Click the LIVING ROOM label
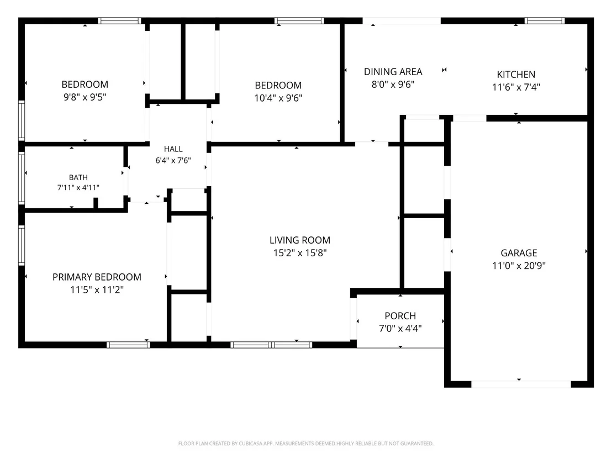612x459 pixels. pyautogui.click(x=300, y=240)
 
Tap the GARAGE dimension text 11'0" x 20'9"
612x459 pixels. pyautogui.click(x=519, y=266)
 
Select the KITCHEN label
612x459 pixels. pyautogui.click(x=516, y=75)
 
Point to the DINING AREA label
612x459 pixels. pyautogui.click(x=393, y=72)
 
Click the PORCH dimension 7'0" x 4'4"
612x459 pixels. pyautogui.click(x=400, y=329)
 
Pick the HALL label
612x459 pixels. pyautogui.click(x=173, y=149)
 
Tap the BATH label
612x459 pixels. pyautogui.click(x=78, y=178)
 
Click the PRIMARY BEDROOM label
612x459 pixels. pyautogui.click(x=97, y=277)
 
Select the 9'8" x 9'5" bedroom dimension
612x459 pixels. pyautogui.click(x=85, y=97)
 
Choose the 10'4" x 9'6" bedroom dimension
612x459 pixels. pyautogui.click(x=278, y=98)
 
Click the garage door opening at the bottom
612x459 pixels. pyautogui.click(x=521, y=384)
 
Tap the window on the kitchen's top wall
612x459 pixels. pyautogui.click(x=545, y=20)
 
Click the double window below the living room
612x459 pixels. pyautogui.click(x=271, y=345)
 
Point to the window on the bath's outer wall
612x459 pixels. pyautogui.click(x=22, y=178)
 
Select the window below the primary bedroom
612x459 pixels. pyautogui.click(x=128, y=345)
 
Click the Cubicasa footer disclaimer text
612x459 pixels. pyautogui.click(x=306, y=444)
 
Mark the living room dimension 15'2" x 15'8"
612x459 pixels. pyautogui.click(x=300, y=253)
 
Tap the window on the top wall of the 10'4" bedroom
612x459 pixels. pyautogui.click(x=299, y=20)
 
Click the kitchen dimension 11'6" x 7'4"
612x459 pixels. pyautogui.click(x=516, y=87)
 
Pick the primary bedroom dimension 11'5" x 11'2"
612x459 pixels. pyautogui.click(x=97, y=290)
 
